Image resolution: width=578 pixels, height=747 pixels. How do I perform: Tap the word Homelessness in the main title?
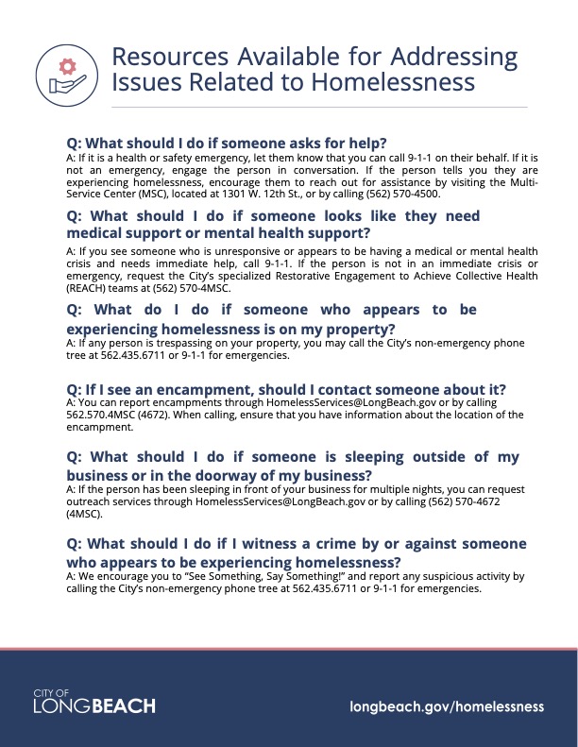tap(391, 82)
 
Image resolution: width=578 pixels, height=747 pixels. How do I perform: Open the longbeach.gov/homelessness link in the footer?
tap(447, 705)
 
